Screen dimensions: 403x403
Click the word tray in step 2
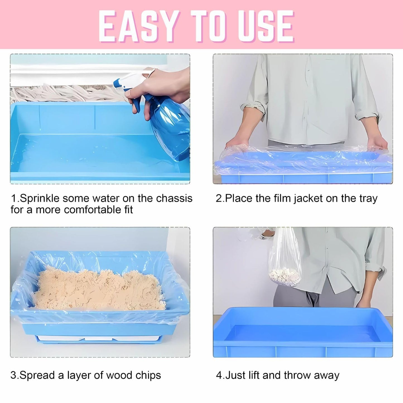368,199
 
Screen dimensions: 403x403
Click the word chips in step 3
148,375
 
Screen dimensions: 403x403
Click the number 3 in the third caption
13,375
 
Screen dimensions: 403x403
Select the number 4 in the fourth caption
219,375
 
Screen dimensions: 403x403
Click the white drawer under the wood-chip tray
98,338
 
